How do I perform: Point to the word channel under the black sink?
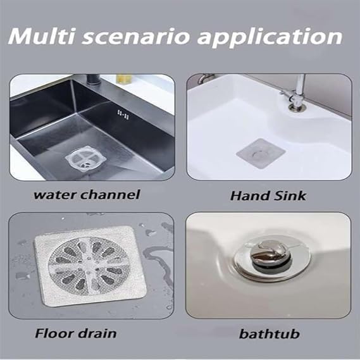[x=112, y=195]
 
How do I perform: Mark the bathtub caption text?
[x=268, y=333]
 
